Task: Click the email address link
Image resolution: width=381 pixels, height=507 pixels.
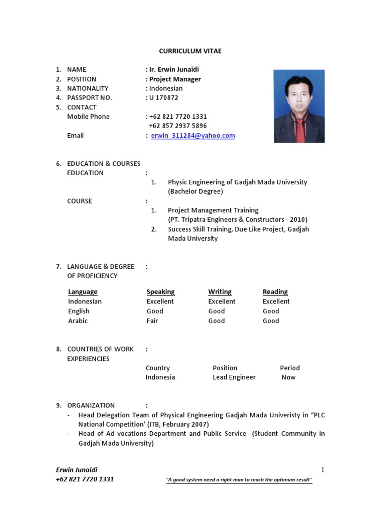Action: (x=192, y=136)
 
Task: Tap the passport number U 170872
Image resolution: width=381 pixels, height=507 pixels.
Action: (x=164, y=98)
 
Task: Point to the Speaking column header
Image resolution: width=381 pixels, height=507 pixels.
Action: (x=160, y=292)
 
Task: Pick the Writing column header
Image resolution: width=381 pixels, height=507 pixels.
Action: (x=220, y=292)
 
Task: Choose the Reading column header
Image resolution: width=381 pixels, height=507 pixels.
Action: (x=275, y=292)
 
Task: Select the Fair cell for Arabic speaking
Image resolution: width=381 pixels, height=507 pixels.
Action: (x=152, y=321)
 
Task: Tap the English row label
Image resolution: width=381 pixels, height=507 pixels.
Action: (x=79, y=311)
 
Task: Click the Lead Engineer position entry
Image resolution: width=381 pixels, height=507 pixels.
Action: (x=234, y=377)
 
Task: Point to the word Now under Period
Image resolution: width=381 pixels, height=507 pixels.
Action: (x=288, y=377)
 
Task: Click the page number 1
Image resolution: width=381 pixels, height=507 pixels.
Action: (x=322, y=470)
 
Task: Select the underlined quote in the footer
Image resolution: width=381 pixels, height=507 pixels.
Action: (x=239, y=480)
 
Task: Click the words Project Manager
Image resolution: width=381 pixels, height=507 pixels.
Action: (x=175, y=79)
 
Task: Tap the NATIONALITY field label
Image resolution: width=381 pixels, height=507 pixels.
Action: (x=87, y=88)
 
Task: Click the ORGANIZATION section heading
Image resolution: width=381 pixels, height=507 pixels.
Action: (x=91, y=405)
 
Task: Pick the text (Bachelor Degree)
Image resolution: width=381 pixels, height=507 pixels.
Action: (x=195, y=191)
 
